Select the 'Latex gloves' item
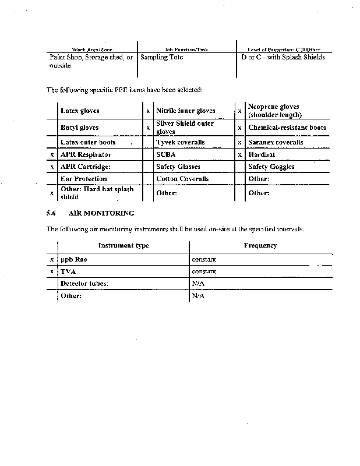click(80, 111)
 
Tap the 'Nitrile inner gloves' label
click(185, 111)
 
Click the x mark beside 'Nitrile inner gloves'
click(148, 111)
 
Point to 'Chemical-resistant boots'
click(287, 128)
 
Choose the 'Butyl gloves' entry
click(80, 128)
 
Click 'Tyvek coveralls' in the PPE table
click(180, 142)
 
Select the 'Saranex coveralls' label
click(276, 142)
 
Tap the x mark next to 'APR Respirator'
click(52, 155)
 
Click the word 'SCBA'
click(165, 155)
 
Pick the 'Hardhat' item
click(261, 155)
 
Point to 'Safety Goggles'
click(271, 167)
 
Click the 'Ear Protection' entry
click(84, 179)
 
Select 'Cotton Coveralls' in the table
click(182, 179)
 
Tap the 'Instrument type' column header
click(123, 245)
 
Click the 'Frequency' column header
click(260, 245)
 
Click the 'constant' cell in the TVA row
click(204, 271)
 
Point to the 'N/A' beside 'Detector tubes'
click(198, 283)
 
